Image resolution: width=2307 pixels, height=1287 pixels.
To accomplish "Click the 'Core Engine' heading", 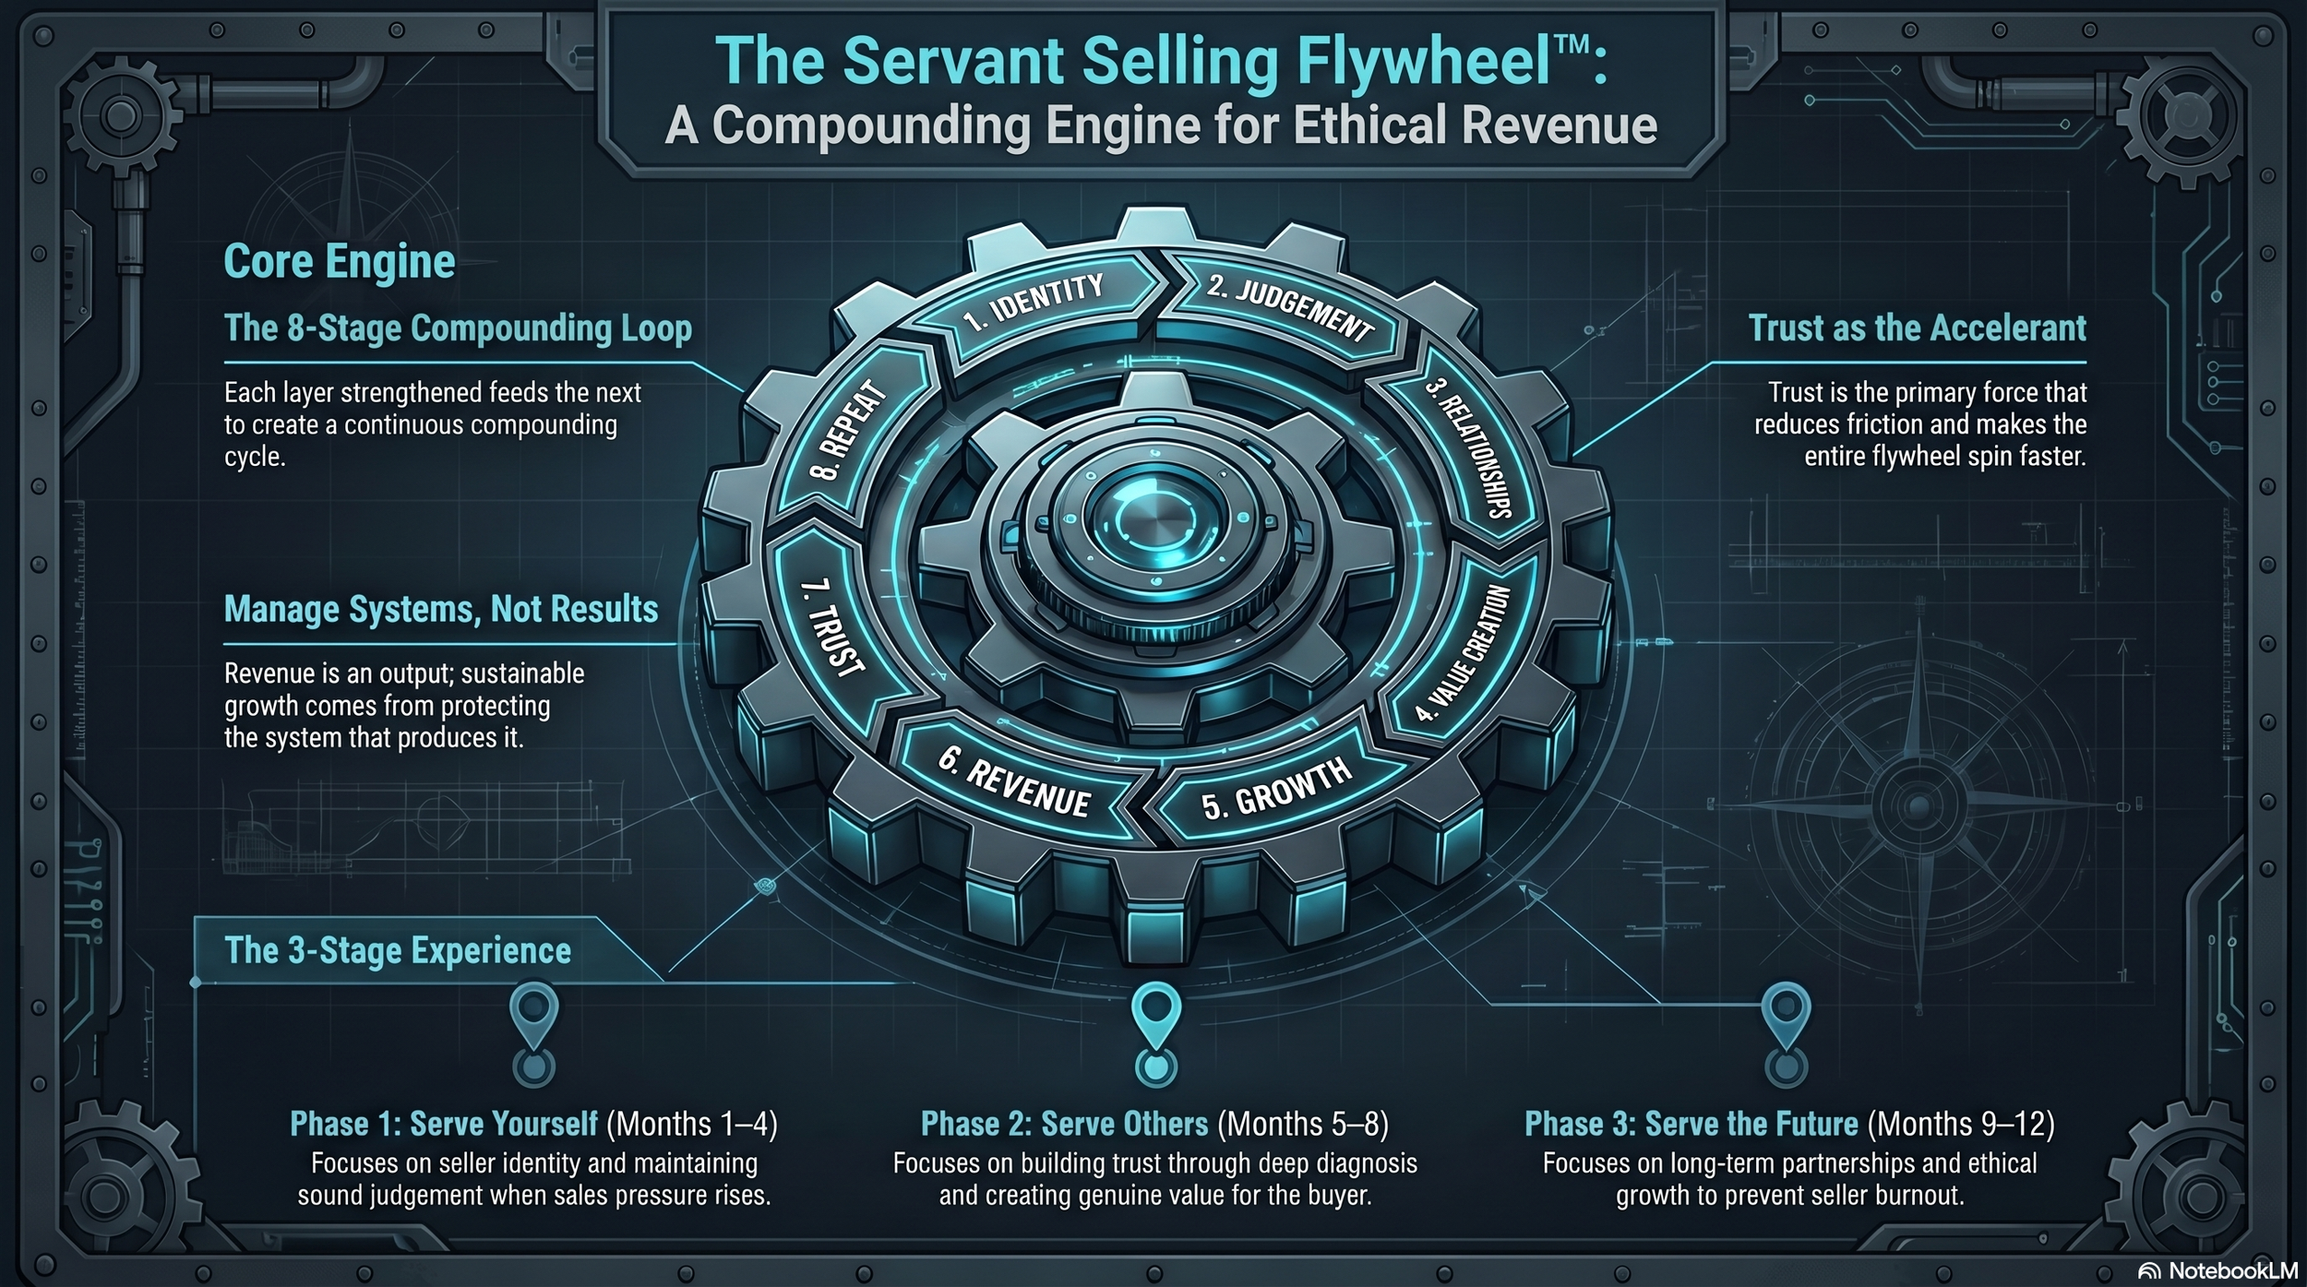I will click(340, 262).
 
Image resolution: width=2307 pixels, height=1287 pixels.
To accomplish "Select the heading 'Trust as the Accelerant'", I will click(1917, 328).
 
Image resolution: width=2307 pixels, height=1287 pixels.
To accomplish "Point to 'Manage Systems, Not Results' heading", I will click(441, 610).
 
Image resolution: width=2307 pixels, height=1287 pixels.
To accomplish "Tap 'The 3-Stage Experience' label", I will click(398, 951).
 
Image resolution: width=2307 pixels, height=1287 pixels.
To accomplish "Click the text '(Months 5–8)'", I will click(1303, 1125).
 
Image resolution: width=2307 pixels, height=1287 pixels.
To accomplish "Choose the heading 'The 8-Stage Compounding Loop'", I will click(458, 328).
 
